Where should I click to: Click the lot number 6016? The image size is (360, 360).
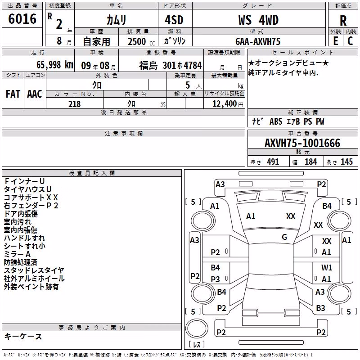pyautogui.click(x=22, y=19)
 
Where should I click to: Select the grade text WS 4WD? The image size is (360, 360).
pyautogui.click(x=258, y=20)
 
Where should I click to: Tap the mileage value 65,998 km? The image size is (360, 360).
pyautogui.click(x=55, y=65)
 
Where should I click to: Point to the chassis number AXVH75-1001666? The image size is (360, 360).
pyautogui.click(x=302, y=143)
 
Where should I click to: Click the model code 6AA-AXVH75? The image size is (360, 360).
pyautogui.click(x=258, y=41)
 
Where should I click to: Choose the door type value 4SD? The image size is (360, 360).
pyautogui.click(x=174, y=20)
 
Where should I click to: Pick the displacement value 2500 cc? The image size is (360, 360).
pyautogui.click(x=141, y=41)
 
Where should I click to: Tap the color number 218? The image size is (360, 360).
pyautogui.click(x=75, y=104)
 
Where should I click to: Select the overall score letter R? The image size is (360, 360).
pyautogui.click(x=343, y=21)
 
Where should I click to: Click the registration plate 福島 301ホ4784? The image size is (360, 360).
pyautogui.click(x=171, y=65)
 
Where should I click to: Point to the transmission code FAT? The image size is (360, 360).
pyautogui.click(x=13, y=94)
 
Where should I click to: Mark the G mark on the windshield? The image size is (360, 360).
pyautogui.click(x=284, y=237)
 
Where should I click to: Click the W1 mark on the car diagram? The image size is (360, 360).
pyautogui.click(x=327, y=267)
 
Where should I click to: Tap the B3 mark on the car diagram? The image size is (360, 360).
pyautogui.click(x=320, y=308)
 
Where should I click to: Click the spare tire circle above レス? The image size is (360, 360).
pyautogui.click(x=197, y=328)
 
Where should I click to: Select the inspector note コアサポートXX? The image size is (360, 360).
pyautogui.click(x=31, y=198)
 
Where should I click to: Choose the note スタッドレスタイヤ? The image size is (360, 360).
pyautogui.click(x=34, y=270)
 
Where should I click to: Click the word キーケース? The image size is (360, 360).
pyautogui.click(x=23, y=336)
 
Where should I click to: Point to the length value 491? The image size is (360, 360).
pyautogui.click(x=273, y=162)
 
